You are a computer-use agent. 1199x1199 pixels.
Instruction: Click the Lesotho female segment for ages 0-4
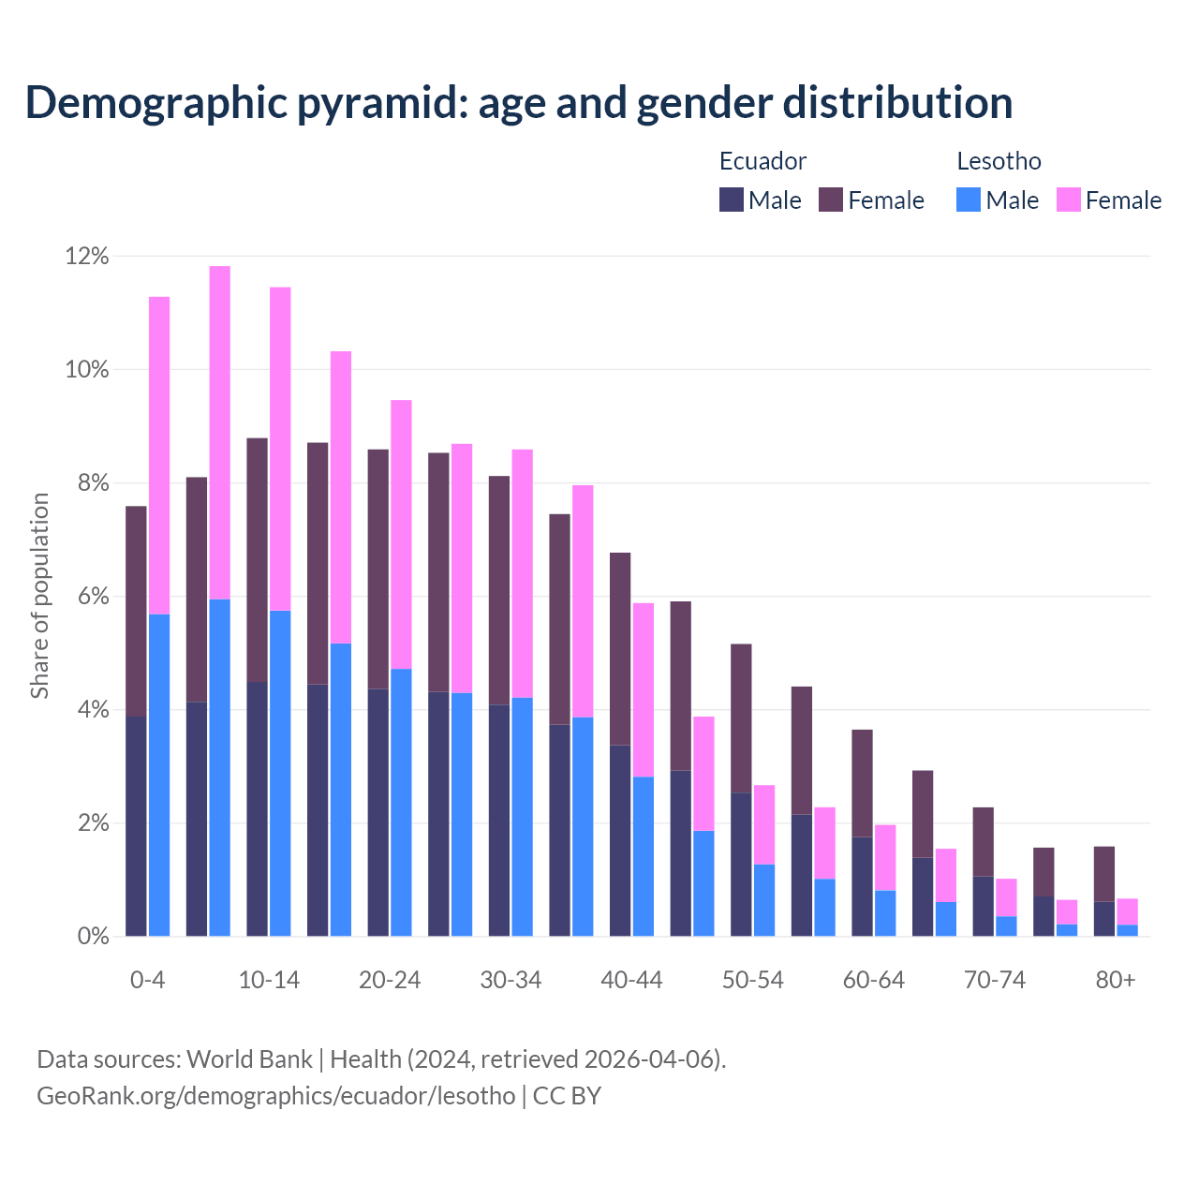click(159, 455)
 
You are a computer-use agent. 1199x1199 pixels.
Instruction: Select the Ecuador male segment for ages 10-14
click(257, 808)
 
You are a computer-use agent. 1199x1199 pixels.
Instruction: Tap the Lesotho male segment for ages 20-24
click(401, 802)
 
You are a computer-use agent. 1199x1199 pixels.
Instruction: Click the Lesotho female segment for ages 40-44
click(644, 689)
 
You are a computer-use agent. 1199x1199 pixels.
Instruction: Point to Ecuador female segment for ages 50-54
click(741, 718)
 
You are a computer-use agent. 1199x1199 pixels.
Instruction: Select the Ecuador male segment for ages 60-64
click(862, 886)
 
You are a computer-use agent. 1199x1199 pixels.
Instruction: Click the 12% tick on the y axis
click(87, 256)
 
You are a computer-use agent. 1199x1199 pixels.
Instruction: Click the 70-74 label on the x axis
click(995, 980)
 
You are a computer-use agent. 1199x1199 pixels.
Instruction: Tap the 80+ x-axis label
click(1116, 980)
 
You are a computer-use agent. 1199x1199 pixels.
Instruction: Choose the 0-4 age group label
click(148, 980)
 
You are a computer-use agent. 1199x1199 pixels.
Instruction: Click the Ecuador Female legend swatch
click(831, 200)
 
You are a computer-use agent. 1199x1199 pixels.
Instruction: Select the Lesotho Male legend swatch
click(969, 200)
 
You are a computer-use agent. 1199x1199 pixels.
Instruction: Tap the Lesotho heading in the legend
click(999, 161)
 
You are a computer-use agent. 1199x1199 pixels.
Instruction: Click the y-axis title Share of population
click(39, 596)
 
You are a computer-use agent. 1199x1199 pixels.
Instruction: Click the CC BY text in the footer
click(567, 1095)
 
